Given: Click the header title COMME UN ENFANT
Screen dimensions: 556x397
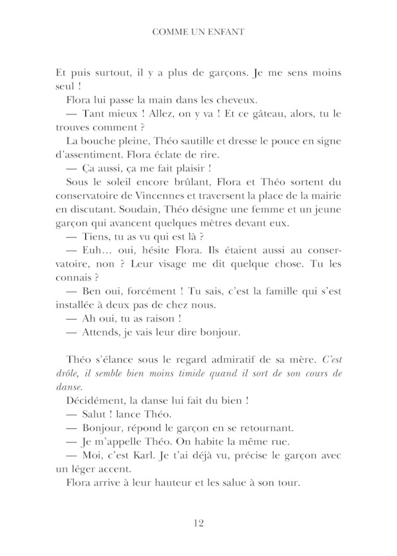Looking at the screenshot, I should [x=198, y=30].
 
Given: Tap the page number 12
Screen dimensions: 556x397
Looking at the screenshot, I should [x=198, y=524].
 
